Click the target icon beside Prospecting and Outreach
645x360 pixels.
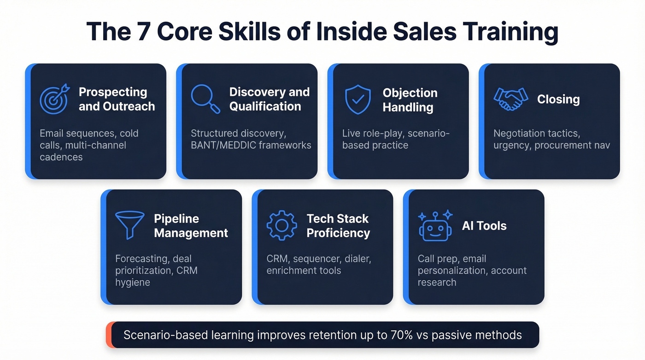pos(54,99)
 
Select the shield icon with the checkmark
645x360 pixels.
pos(358,99)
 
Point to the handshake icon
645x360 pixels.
pos(510,99)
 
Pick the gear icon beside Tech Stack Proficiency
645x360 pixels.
pos(281,225)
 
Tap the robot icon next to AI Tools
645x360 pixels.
pos(435,225)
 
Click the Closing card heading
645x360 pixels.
pos(558,99)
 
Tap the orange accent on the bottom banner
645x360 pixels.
pos(109,335)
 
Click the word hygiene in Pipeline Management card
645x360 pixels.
pos(133,282)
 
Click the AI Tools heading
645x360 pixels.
pos(484,225)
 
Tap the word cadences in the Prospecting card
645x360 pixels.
pos(61,157)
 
